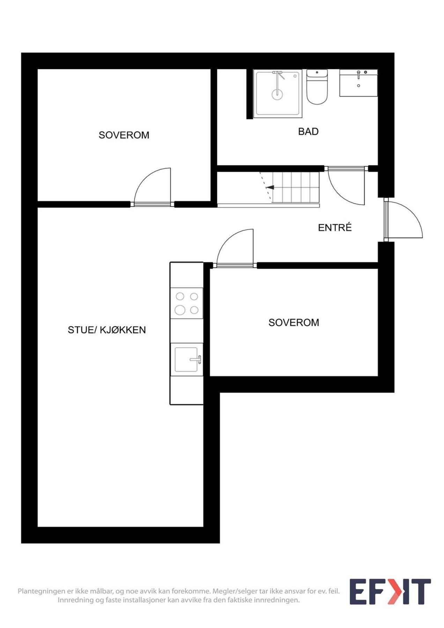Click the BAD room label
coord(308,132)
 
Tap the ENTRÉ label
coord(335,227)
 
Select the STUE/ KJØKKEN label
coord(107,330)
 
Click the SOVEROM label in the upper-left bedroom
coord(124,135)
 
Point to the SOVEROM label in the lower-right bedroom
coord(294,322)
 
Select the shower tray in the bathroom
coord(277,94)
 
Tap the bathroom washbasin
coord(358,83)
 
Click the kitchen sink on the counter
coord(186,359)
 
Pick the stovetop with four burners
coord(186,303)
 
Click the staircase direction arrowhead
coord(271,187)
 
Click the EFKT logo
coord(390,592)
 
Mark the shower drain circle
coord(277,94)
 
